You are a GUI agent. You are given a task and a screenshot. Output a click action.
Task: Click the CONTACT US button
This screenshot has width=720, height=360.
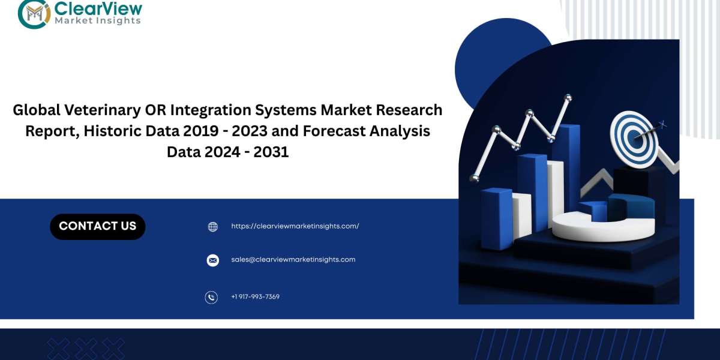click(98, 227)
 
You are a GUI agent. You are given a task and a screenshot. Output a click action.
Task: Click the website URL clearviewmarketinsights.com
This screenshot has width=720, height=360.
click(295, 226)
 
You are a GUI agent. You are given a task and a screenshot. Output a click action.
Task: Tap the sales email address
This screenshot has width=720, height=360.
click(293, 259)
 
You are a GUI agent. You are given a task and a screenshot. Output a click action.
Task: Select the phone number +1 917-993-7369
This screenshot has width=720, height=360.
click(255, 296)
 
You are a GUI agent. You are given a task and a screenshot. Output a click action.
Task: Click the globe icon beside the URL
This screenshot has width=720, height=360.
click(213, 227)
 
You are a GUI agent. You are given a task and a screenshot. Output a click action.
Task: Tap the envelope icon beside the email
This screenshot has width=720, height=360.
click(212, 260)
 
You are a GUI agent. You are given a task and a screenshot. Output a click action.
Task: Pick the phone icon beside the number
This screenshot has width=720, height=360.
click(211, 298)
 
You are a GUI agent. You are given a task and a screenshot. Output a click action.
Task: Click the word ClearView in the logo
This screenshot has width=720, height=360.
click(98, 8)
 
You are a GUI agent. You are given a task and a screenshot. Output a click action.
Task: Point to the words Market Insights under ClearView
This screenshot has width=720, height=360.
click(98, 20)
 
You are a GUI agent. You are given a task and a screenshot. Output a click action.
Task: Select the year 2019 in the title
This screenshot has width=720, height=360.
click(201, 131)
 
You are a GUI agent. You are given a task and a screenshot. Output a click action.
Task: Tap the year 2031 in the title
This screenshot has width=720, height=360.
click(271, 152)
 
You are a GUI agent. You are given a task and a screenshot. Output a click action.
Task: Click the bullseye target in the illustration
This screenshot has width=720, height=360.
click(634, 139)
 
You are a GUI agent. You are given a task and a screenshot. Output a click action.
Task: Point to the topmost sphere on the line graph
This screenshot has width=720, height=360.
click(568, 97)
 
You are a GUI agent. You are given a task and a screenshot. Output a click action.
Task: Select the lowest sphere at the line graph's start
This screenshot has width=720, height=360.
click(475, 178)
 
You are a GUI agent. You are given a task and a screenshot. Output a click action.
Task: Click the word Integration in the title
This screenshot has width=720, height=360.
click(211, 110)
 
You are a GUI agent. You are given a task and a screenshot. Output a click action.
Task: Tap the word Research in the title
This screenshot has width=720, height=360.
click(409, 110)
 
